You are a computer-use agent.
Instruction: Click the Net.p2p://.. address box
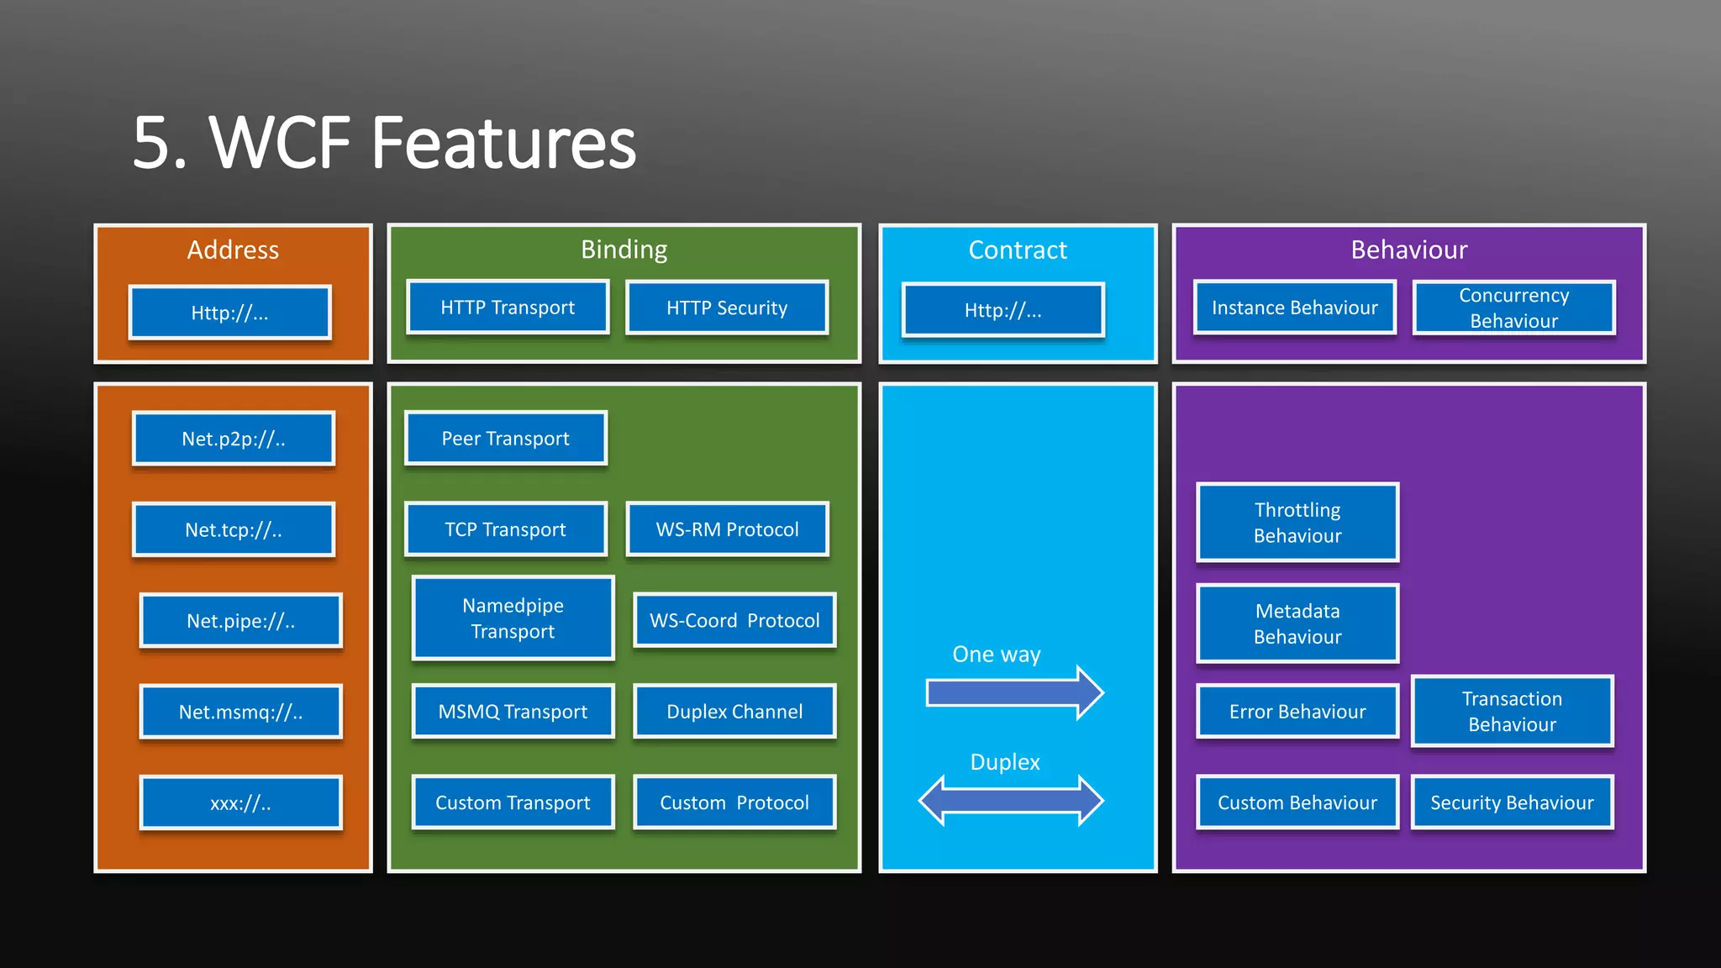[234, 439]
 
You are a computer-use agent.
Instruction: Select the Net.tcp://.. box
[234, 529]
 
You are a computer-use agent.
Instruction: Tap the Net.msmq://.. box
[240, 712]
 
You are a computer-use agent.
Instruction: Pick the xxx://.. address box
[240, 802]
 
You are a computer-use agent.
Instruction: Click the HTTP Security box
[727, 308]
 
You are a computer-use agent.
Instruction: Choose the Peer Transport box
[505, 438]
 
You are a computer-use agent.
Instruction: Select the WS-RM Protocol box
[727, 529]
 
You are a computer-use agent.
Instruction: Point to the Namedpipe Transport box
[513, 618]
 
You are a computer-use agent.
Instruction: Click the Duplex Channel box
[734, 712]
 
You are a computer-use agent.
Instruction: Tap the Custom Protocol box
[734, 802]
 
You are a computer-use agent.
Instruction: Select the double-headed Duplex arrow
[1011, 800]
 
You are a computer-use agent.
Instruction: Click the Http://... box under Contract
[1003, 310]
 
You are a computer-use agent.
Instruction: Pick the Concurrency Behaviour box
[1513, 308]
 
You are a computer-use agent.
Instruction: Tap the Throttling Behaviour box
[1297, 523]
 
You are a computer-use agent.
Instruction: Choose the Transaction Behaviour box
[1512, 711]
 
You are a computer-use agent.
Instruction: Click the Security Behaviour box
[1512, 802]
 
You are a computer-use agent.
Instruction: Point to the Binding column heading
[624, 250]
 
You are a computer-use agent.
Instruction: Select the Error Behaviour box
[1297, 712]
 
